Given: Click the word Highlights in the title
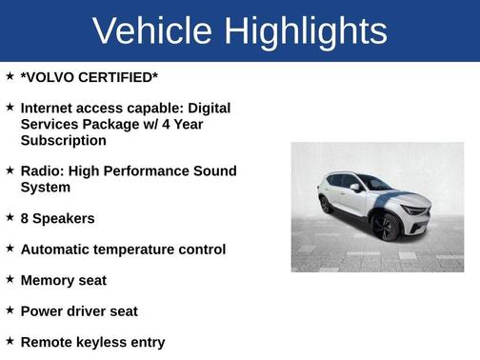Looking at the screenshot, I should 308,32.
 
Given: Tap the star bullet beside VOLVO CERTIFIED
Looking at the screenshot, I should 10,75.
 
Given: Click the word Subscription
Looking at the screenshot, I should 63,141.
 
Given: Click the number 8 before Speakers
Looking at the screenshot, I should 25,218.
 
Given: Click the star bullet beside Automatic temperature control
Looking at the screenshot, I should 10,248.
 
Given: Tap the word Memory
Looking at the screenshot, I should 49,280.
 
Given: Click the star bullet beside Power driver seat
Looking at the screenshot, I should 10,310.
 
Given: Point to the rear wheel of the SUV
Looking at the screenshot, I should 326,204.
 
